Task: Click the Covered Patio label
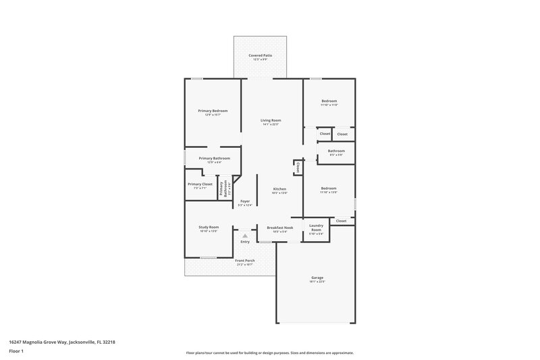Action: (x=260, y=55)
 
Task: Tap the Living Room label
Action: (x=271, y=120)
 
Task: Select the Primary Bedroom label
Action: (x=213, y=111)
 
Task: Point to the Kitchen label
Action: (x=279, y=189)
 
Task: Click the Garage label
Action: (x=317, y=278)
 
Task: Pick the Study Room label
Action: (x=209, y=227)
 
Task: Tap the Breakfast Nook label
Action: (x=279, y=228)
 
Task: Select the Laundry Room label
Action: (x=316, y=228)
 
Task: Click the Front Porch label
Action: (x=244, y=261)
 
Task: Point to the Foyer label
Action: (x=245, y=201)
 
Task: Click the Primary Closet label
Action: (x=200, y=184)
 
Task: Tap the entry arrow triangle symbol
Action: (x=245, y=236)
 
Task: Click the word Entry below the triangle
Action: (x=245, y=242)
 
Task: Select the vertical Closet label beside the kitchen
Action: (x=298, y=166)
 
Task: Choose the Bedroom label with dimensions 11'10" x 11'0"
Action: (x=329, y=101)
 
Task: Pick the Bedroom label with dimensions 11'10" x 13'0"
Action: (x=329, y=188)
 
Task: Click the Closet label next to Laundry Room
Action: (x=341, y=221)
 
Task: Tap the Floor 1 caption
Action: (x=16, y=351)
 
